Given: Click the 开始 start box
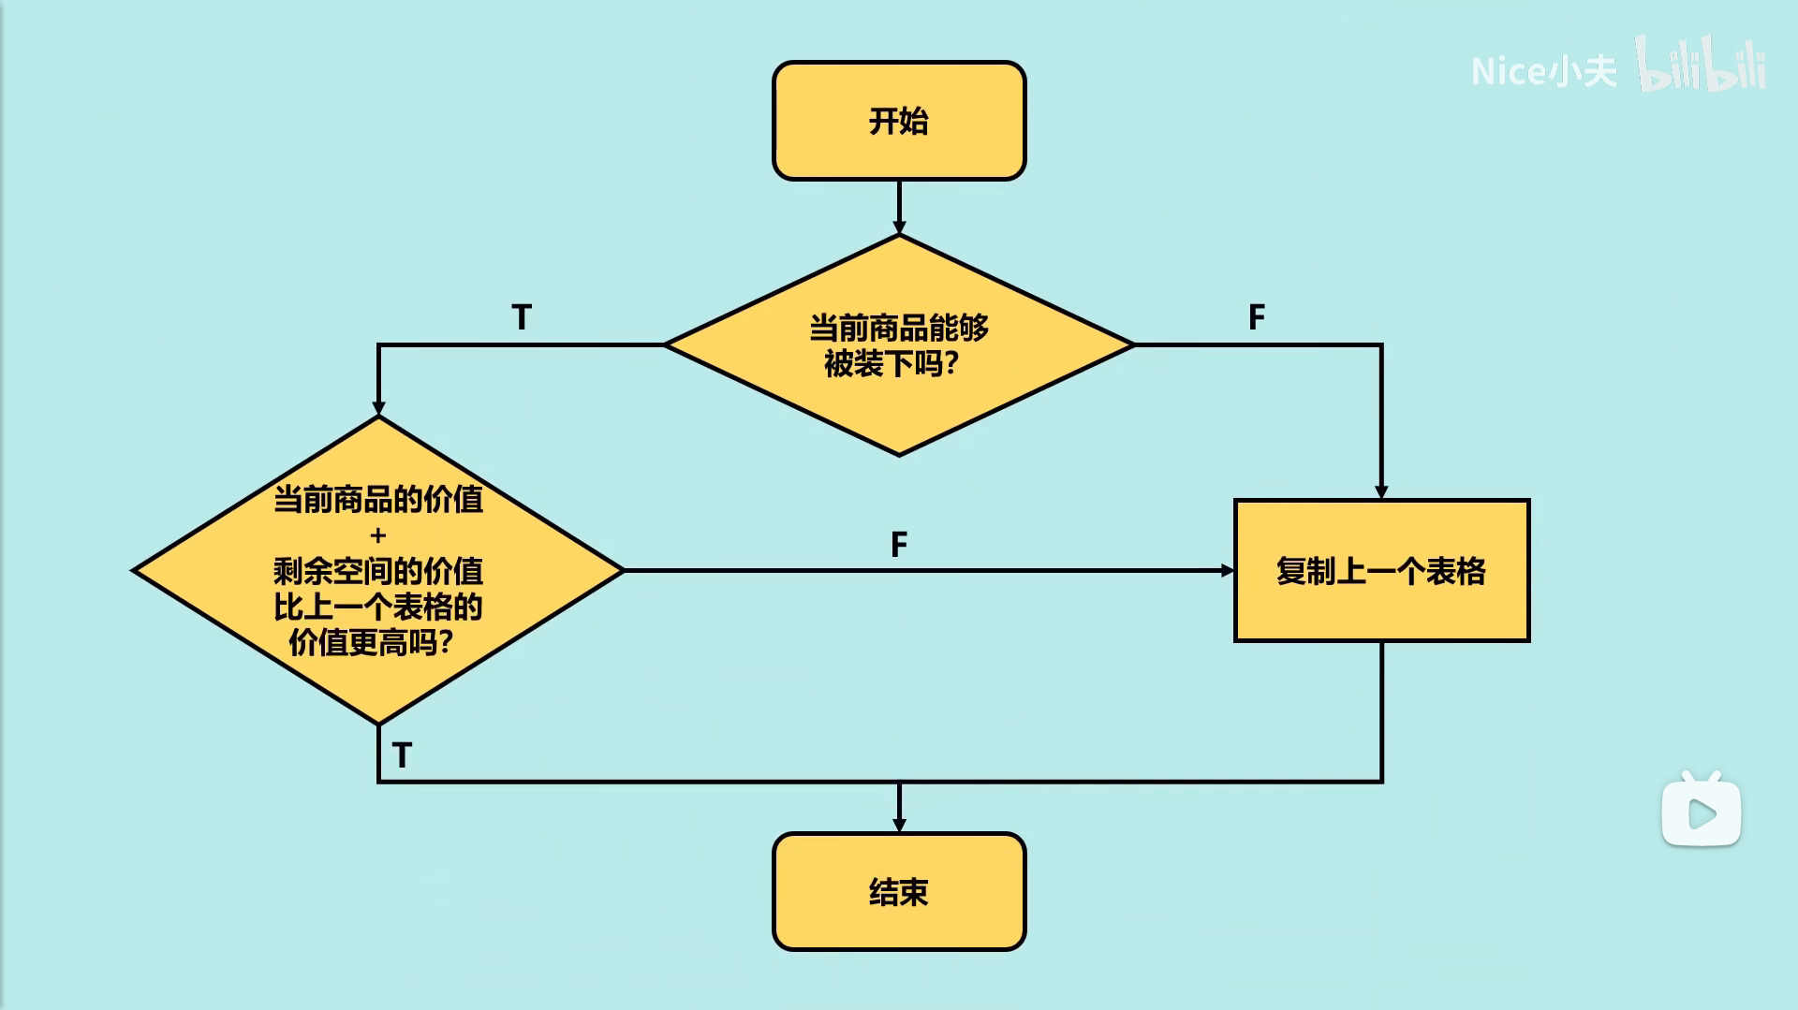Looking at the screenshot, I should [x=899, y=121].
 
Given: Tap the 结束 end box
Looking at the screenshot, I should [x=899, y=891].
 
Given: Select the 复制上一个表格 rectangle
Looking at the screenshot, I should [x=1381, y=570].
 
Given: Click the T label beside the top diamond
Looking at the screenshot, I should [x=522, y=317].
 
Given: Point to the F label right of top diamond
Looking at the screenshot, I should [x=1257, y=317].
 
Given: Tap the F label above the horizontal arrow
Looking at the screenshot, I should [x=899, y=544].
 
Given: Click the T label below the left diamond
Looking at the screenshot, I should [x=403, y=754].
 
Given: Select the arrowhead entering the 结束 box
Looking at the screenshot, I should [x=899, y=825].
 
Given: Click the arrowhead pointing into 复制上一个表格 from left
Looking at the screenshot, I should [x=1228, y=570].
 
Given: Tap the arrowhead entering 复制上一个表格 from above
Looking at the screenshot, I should [x=1381, y=491].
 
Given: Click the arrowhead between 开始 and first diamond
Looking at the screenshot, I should [x=899, y=227].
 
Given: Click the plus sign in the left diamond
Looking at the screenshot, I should [x=378, y=535].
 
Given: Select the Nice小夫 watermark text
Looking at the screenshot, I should [x=1543, y=71].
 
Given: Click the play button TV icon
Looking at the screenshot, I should [x=1702, y=811].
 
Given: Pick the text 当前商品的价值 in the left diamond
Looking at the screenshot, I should [x=378, y=499].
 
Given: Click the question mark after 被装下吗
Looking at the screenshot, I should [x=951, y=363].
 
